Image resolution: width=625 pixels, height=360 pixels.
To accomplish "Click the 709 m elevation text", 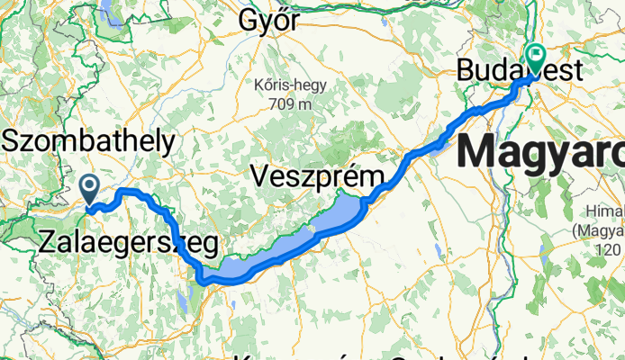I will point(290,103).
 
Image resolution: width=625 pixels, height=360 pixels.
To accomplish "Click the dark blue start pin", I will point(90,188).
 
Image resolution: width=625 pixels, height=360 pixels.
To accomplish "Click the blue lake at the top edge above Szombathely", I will point(109,11).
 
